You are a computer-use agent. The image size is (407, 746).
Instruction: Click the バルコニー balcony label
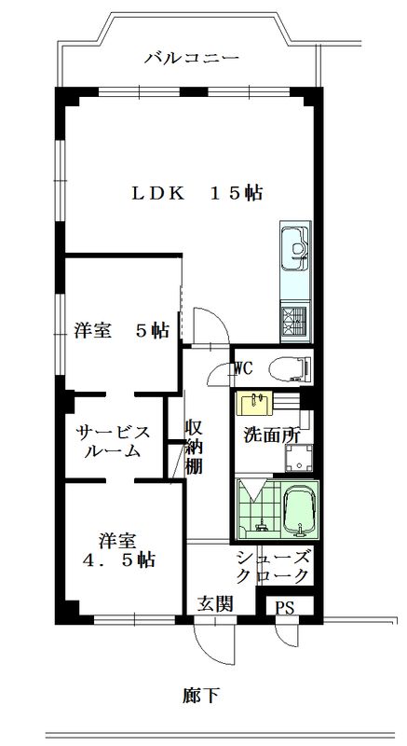(x=192, y=58)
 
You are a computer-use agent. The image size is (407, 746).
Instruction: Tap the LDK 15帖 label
(x=197, y=193)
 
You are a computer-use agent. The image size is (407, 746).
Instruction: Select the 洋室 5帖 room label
(x=121, y=330)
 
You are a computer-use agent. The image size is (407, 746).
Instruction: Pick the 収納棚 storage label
(x=194, y=447)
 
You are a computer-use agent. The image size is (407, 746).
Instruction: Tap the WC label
(x=244, y=367)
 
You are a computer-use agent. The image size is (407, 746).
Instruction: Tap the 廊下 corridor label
(x=201, y=695)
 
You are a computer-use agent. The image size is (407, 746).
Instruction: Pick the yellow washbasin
(x=253, y=403)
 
